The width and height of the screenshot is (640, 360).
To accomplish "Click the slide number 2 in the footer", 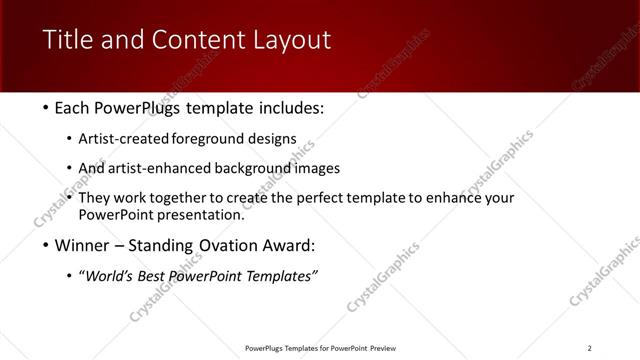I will (589, 348).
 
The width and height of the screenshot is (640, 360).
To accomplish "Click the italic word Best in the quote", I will (159, 276).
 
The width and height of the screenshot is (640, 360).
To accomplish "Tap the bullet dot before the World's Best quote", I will (69, 276).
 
